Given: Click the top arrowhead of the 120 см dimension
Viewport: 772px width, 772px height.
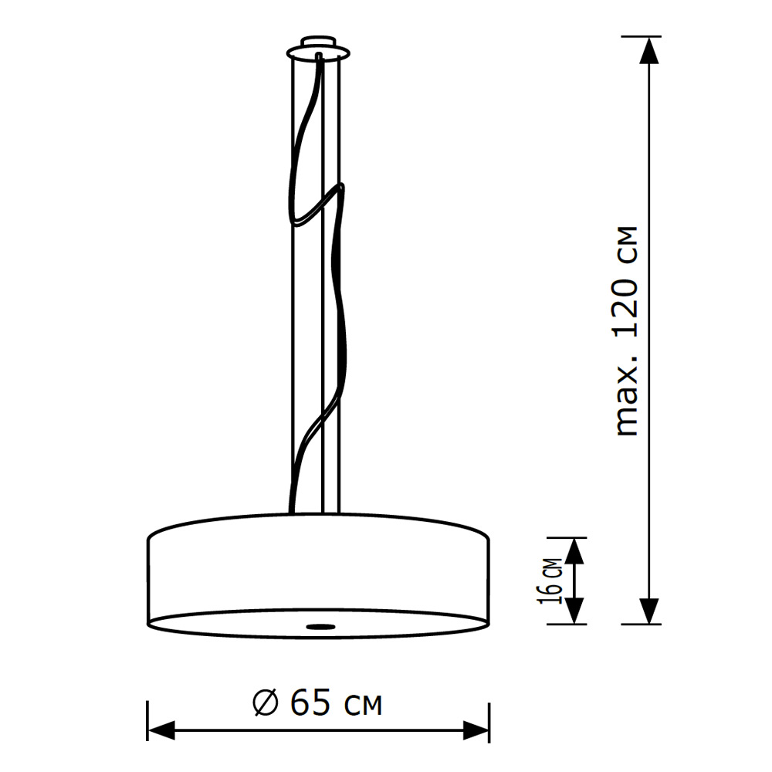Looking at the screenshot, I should click(x=651, y=50).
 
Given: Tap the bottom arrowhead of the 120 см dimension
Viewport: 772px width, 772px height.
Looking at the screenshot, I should click(x=651, y=610).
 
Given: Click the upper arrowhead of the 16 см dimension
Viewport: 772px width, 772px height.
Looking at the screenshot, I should click(x=574, y=550).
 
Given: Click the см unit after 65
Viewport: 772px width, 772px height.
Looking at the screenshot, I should click(x=361, y=703).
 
